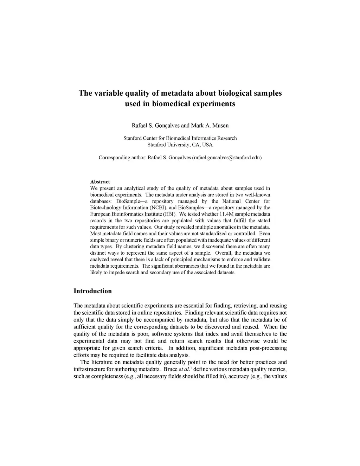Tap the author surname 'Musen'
220,126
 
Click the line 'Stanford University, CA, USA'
180,145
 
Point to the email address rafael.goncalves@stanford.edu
226,158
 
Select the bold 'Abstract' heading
100,182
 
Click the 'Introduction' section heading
92,291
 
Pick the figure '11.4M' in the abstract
231,214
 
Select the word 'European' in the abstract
99,214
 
